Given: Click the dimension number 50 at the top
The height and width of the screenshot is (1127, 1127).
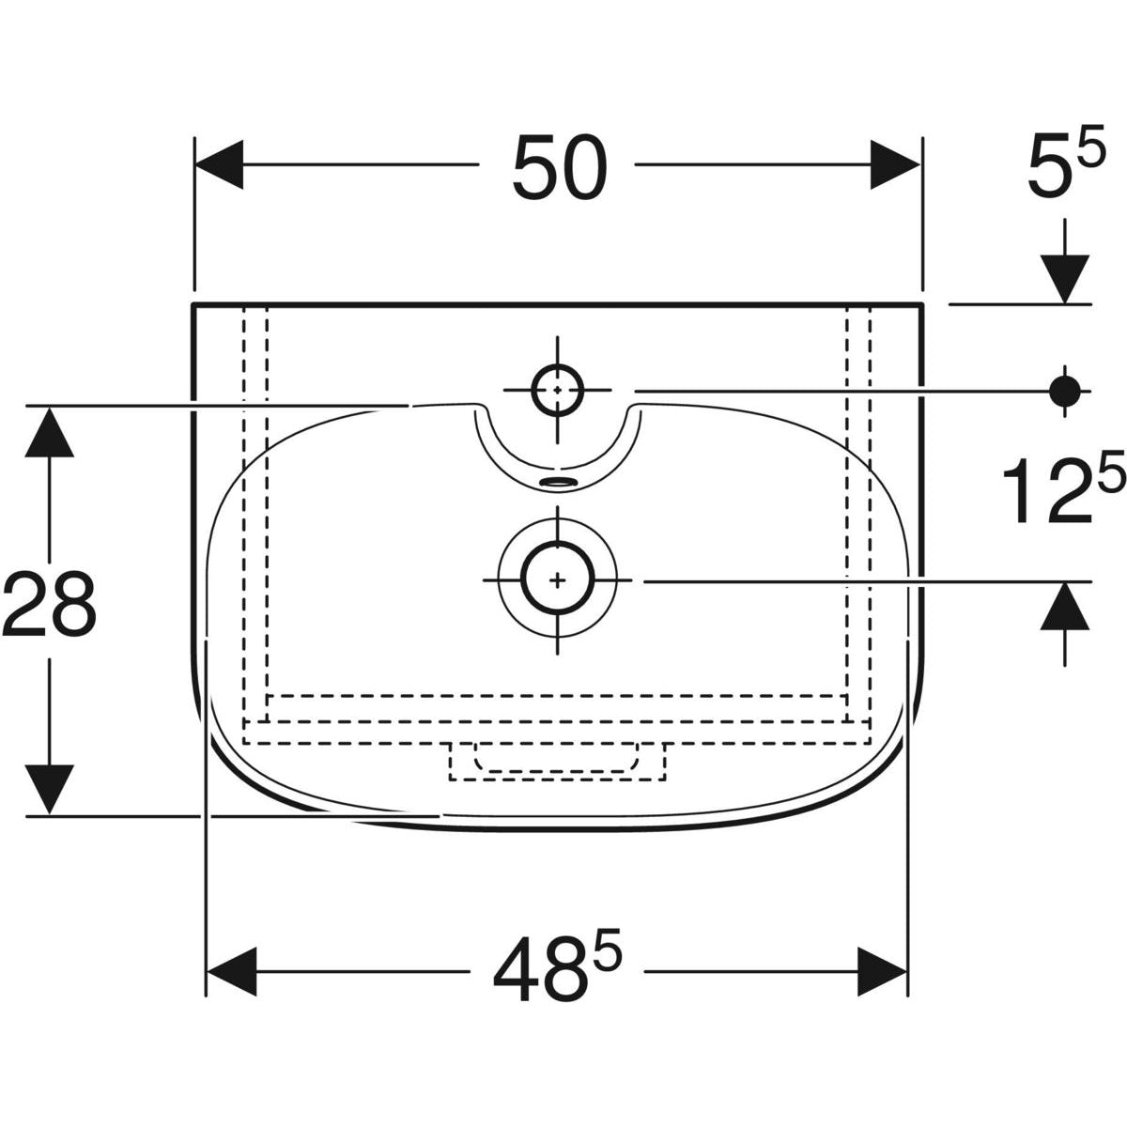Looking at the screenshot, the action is click(560, 168).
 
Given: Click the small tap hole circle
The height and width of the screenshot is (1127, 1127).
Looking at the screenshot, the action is click(557, 390).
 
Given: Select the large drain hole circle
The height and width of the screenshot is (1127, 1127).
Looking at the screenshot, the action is click(557, 580).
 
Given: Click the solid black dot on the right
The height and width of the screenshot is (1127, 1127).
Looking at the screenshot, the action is click(1064, 392).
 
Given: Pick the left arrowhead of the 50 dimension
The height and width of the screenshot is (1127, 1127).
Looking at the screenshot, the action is click(219, 165).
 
